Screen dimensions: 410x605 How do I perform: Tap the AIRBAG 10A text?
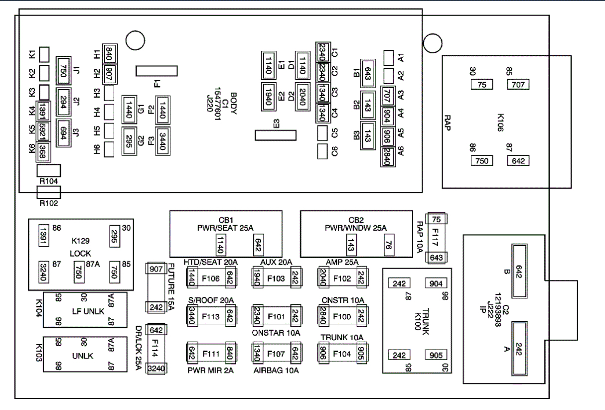[x=277, y=370]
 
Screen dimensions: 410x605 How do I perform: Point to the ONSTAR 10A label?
[x=276, y=333]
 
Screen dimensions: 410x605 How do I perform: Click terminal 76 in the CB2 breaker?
[x=387, y=244]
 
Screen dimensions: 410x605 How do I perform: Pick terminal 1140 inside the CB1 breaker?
[x=220, y=244]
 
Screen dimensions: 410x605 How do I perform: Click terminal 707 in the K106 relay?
[x=518, y=85]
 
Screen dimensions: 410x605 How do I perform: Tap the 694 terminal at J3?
[x=63, y=133]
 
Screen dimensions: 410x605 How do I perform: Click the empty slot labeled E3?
[x=275, y=135]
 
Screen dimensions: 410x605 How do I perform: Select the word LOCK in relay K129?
[x=80, y=254]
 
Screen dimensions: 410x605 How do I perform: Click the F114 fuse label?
[x=155, y=349]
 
